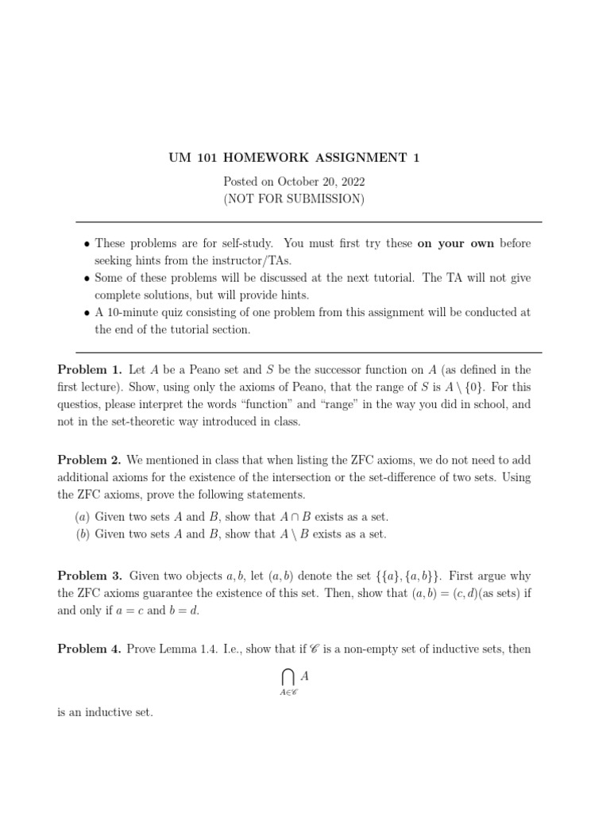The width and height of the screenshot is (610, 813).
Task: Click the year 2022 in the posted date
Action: pyautogui.click(x=349, y=182)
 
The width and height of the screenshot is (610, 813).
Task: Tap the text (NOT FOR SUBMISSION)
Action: pyautogui.click(x=294, y=198)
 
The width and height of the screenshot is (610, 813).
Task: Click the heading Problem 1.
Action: pyautogui.click(x=90, y=370)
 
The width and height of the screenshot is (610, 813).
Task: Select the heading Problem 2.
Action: pyautogui.click(x=90, y=460)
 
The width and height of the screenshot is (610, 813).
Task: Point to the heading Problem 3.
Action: pyautogui.click(x=90, y=576)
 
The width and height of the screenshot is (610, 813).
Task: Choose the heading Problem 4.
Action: pyautogui.click(x=90, y=649)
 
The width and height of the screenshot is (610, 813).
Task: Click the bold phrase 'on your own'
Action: pyautogui.click(x=456, y=244)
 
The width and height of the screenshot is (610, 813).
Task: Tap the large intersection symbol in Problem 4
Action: pyautogui.click(x=288, y=676)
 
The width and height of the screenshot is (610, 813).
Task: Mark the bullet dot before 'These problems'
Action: pyautogui.click(x=87, y=244)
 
